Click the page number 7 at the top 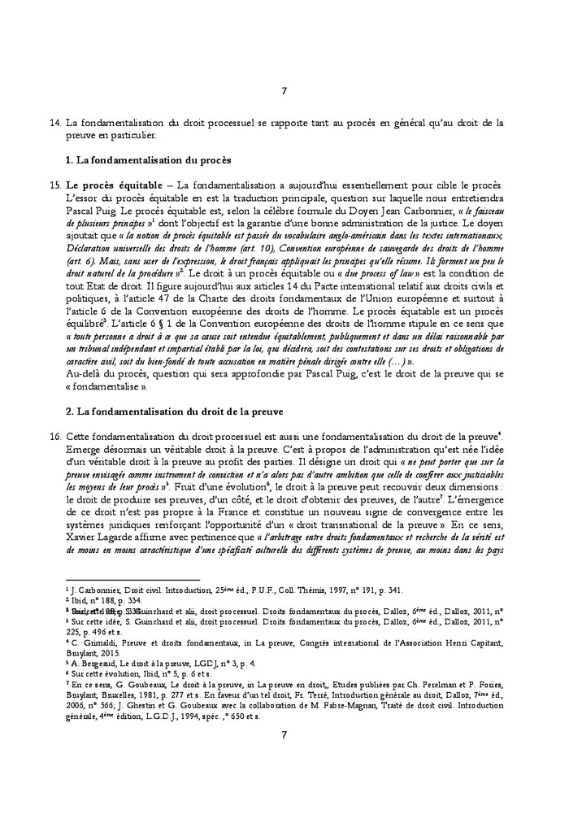coord(284,90)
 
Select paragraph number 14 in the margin coord(55,123)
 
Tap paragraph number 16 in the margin coord(55,436)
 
